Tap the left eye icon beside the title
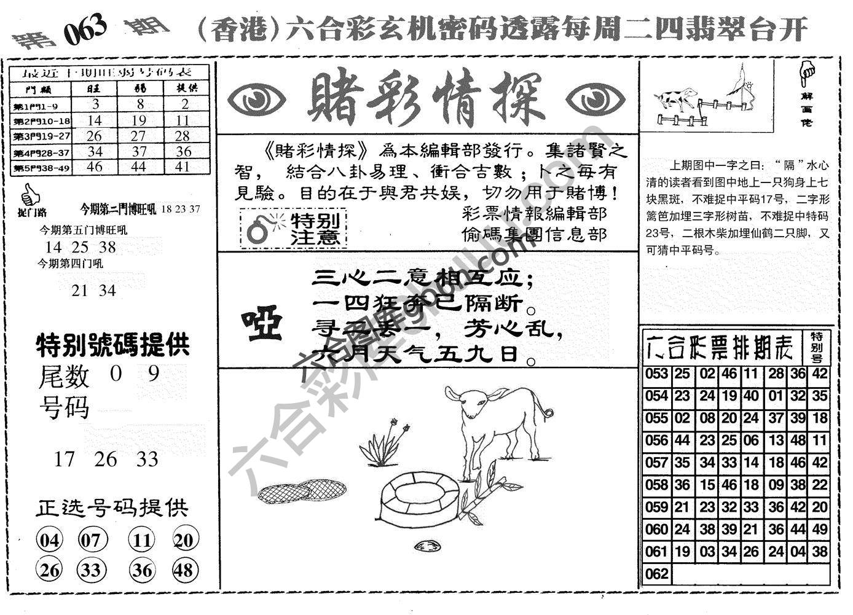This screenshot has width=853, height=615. [256, 99]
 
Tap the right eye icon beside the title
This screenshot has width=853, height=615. [594, 99]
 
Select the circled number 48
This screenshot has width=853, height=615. [184, 570]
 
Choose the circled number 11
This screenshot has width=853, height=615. [142, 541]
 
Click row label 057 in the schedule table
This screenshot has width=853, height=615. [656, 463]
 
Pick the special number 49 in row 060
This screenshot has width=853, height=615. [820, 529]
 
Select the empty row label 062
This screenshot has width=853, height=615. [656, 574]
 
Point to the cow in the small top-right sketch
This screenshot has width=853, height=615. [675, 98]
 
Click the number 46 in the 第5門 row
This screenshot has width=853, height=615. [94, 166]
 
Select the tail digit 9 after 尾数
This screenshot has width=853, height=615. [154, 373]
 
